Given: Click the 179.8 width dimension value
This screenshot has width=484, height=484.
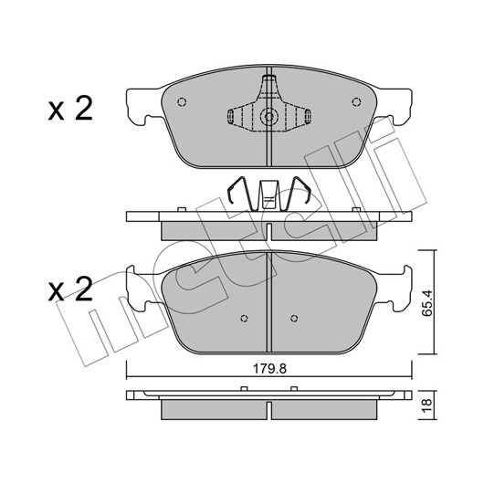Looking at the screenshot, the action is pos(269,369).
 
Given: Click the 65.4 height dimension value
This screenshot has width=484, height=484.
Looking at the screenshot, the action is pos(427,303).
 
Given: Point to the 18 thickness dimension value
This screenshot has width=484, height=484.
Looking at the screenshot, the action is pos(426,405).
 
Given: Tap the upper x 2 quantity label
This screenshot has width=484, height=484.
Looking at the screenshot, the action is pos(70,108).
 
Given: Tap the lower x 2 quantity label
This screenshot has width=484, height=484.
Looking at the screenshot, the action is pos(70,289).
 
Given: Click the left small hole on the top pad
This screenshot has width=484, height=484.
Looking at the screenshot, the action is pos(182,101).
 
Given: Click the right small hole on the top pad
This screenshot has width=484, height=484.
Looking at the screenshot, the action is pos(356,101).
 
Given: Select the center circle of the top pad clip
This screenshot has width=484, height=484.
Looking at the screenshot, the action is pos(268,117).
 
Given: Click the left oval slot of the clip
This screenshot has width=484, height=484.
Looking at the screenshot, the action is pos(230,116).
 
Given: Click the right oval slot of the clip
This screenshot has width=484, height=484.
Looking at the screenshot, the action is pos(308,116).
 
